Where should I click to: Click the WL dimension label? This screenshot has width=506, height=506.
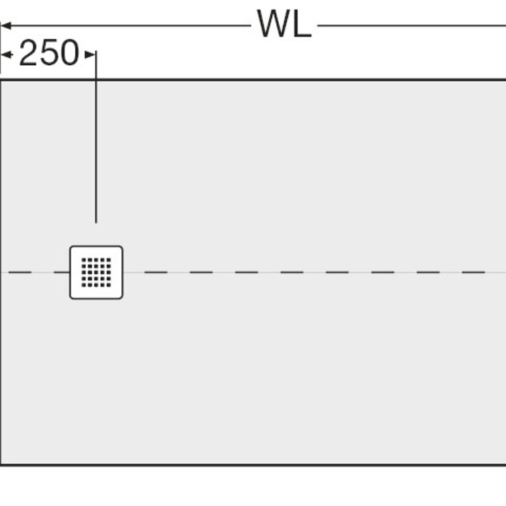pyautogui.click(x=284, y=24)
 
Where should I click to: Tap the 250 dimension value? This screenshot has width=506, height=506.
pyautogui.click(x=49, y=53)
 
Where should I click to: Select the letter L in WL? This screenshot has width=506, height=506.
pyautogui.click(x=304, y=24)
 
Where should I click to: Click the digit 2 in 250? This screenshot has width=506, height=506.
pyautogui.click(x=28, y=53)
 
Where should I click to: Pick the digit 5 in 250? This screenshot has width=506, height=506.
pyautogui.click(x=49, y=53)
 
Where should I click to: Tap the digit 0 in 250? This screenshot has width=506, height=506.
pyautogui.click(x=69, y=53)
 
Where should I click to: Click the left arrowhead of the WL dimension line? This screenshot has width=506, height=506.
pyautogui.click(x=6, y=26)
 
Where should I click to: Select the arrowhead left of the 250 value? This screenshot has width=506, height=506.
pyautogui.click(x=7, y=54)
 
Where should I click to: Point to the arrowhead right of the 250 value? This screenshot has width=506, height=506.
pyautogui.click(x=90, y=54)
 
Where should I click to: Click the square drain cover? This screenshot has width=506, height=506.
pyautogui.click(x=96, y=273)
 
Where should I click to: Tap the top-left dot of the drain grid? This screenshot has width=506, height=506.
pyautogui.click(x=83, y=260)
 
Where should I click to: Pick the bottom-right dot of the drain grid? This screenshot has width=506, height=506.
pyautogui.click(x=108, y=285)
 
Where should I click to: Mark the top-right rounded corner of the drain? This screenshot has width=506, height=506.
pyautogui.click(x=120, y=248)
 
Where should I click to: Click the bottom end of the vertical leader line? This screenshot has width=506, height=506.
pyautogui.click(x=96, y=223)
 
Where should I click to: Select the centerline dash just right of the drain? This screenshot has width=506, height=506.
pyautogui.click(x=156, y=273)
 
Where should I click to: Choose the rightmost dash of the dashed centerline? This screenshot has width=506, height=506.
pyautogui.click(x=474, y=273)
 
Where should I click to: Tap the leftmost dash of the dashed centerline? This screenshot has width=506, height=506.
pyautogui.click(x=20, y=273)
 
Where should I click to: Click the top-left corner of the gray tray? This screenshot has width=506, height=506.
pyautogui.click(x=1, y=79)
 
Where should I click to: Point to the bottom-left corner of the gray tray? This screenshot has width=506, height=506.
pyautogui.click(x=1, y=465)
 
